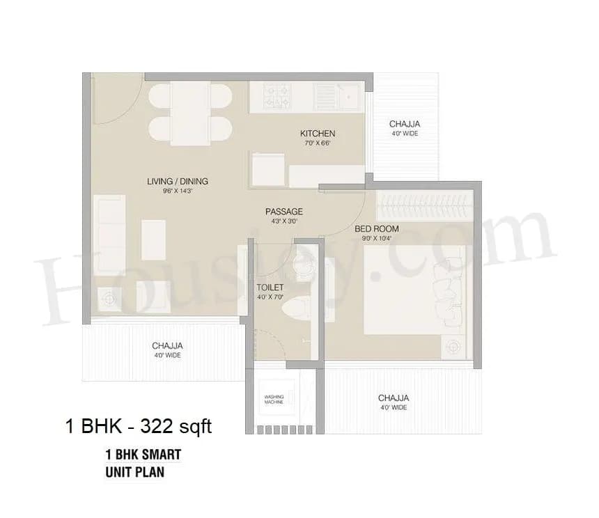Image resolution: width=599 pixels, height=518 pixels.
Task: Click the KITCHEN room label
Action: pos(318,134)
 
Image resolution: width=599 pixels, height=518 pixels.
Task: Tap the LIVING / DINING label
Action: pos(177,182)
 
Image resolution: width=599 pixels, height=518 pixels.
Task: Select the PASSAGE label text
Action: pos(283,212)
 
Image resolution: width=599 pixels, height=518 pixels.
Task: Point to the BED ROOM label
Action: pos(377,228)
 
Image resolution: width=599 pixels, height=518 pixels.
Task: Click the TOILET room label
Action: pos(270,286)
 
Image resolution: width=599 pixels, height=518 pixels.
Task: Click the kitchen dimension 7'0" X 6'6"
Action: pos(318,143)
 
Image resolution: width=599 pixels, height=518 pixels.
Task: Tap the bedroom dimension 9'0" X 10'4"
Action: pos(377,238)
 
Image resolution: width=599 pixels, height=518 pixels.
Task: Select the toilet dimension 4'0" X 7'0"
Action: pos(270,297)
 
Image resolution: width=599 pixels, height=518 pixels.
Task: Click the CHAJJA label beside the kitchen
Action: pos(404,125)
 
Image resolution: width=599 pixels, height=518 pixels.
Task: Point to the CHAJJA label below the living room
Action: pos(167,346)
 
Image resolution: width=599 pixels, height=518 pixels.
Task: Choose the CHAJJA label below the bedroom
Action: pos(394,398)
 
